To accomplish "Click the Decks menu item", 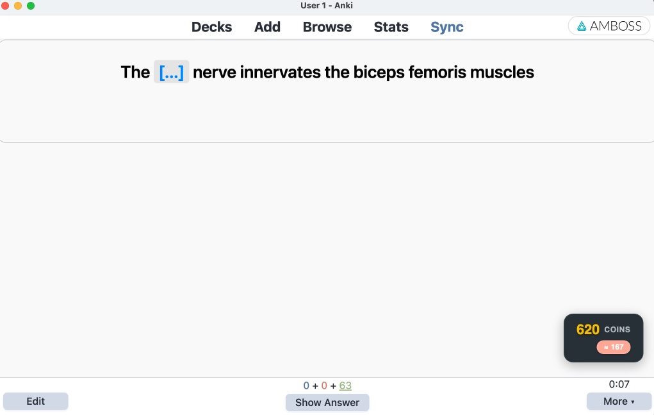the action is (x=211, y=27).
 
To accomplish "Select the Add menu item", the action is (x=267, y=27).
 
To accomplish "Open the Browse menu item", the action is (x=327, y=27).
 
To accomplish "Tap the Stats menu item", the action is (x=391, y=27).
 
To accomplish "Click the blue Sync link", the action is (x=446, y=27).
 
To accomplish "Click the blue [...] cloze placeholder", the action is (x=171, y=72).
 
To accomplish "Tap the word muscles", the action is (x=502, y=72).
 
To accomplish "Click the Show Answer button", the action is (x=327, y=402).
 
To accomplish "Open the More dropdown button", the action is (x=619, y=402).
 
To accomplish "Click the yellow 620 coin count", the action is (x=588, y=330).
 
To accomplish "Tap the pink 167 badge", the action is (x=614, y=347).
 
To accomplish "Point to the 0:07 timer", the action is (x=619, y=384).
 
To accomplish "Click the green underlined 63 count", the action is (x=345, y=385).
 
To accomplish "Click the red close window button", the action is (x=6, y=6).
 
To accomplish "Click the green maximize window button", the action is (x=30, y=6).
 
